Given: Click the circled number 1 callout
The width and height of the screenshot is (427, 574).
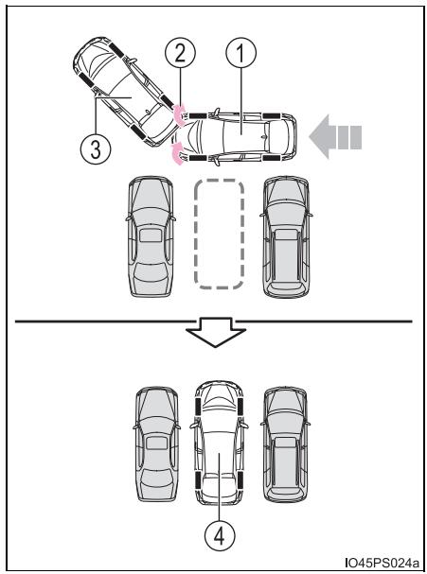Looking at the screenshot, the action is coord(240,53).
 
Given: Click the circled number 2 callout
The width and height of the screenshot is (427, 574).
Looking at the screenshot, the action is coord(180,53).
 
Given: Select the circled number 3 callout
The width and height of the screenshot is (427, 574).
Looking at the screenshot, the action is coord(96,149).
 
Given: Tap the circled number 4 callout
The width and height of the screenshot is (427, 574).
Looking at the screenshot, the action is coord(220,535).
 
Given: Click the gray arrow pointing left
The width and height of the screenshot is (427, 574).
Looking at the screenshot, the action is coord(335,137).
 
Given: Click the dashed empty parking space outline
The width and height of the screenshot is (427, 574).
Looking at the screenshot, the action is coord(220,235).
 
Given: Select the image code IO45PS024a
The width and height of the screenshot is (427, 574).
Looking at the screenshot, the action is coord(382,563).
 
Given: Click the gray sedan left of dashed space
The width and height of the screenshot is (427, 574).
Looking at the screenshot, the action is coord(151,236).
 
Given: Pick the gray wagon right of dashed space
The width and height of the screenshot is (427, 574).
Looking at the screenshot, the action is coord(286,236).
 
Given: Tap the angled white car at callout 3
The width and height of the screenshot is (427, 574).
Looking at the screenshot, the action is coord(126,92).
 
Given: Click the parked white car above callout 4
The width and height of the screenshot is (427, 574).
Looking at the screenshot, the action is coord(220,444).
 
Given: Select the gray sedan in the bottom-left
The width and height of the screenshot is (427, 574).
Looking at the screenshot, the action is coord(156,444).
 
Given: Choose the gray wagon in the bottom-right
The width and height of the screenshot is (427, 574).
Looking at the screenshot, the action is coord(286,444).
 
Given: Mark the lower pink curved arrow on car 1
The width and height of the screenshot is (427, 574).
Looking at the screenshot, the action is coord(178,155).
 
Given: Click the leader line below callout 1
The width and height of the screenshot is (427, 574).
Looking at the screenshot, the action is coord(240,101).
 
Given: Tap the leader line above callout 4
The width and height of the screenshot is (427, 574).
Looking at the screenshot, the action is coord(220,487).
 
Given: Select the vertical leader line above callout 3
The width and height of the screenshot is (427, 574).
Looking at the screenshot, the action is coord(96,116).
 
